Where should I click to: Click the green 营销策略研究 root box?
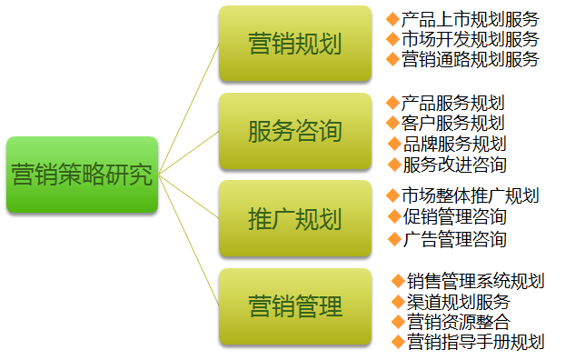coord(82,175)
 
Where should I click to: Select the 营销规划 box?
coord(295,43)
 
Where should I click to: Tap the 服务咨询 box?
coord(295,131)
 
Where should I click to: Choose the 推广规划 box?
coord(295,219)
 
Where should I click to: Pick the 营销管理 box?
coord(295,306)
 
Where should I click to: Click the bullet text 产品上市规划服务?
coord(470,19)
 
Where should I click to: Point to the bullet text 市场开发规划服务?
coord(470,39)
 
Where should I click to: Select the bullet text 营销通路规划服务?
coord(470,59)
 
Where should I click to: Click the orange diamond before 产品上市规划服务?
coord(392,19)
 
